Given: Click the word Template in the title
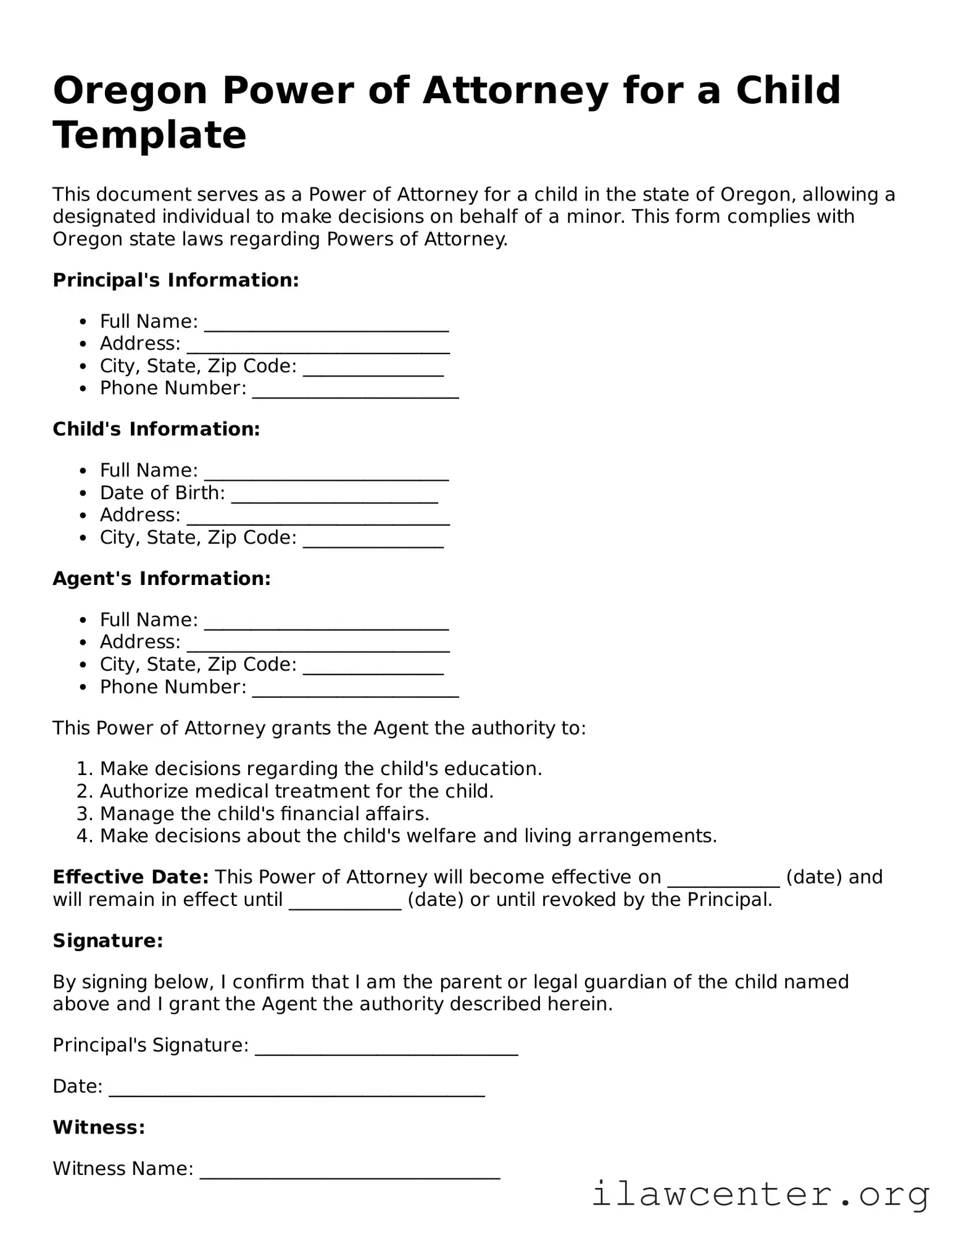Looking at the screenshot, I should click(x=149, y=136).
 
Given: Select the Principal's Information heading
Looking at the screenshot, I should click(x=176, y=280).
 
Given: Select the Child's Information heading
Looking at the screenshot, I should click(x=156, y=430).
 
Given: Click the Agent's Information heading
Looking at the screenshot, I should click(x=162, y=579).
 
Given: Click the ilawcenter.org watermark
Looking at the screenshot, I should click(x=760, y=1195).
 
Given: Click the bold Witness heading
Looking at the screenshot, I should click(x=99, y=1127).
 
